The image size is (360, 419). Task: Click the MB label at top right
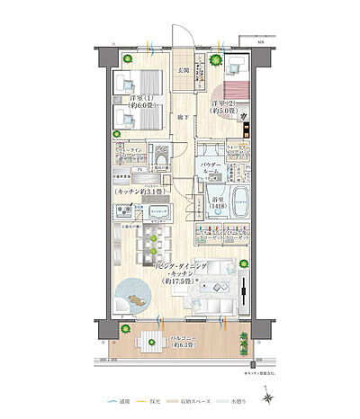pos(262,41)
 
